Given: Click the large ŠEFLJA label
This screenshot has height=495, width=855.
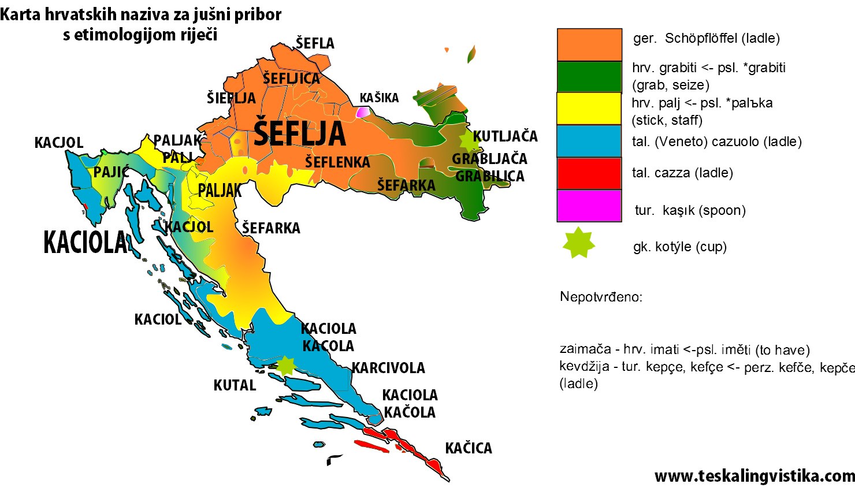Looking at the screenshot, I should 299,133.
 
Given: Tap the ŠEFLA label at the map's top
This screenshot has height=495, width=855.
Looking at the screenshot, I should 315,43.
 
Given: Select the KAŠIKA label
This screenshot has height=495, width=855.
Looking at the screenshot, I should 379,98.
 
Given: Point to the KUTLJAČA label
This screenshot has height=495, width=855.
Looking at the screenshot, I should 505,136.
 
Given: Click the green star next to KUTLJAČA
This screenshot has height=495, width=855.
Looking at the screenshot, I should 466,139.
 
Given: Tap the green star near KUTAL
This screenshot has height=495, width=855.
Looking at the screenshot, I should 285,365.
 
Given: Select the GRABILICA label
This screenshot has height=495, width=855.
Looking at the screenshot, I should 489,176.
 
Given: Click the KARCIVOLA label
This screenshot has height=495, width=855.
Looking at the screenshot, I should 388,368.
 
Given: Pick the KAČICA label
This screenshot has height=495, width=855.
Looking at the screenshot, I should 468,448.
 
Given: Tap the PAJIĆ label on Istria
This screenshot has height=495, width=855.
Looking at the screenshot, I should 111,172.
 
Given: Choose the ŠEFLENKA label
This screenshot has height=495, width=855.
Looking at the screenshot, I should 337,162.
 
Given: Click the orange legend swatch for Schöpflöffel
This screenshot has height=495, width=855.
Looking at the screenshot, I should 589,44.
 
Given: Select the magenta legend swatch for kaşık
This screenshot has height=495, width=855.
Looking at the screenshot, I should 589,206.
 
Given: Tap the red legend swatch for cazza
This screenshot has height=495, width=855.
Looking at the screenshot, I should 589,173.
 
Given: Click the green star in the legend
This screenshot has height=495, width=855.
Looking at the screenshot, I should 579,243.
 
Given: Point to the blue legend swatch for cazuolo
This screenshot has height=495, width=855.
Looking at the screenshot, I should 589,141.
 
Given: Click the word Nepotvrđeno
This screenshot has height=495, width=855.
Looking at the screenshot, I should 601,297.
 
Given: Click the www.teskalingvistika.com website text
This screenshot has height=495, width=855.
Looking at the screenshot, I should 754,476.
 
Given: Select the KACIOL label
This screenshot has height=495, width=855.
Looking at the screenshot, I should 157,319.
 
